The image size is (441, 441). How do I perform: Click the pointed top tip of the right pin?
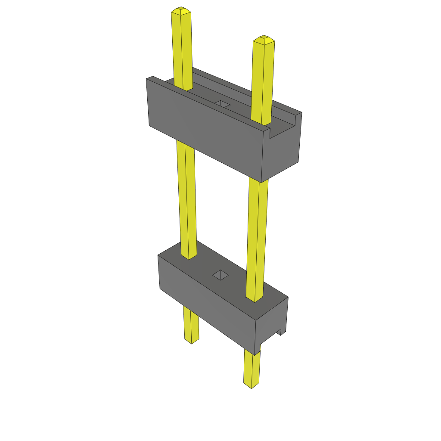click(x=264, y=39)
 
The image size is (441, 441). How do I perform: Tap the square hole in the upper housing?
click(x=222, y=104)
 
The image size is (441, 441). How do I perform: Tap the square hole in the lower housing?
click(x=221, y=275)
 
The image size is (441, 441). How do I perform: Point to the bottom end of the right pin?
click(x=251, y=385)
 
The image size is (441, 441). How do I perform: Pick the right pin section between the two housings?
click(x=257, y=237)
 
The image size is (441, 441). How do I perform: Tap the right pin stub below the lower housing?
click(x=252, y=368)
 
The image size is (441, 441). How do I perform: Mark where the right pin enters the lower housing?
click(x=255, y=298)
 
